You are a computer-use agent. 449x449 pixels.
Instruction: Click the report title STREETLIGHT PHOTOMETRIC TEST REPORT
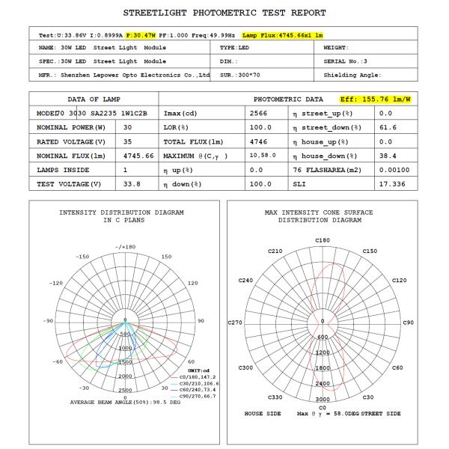224,13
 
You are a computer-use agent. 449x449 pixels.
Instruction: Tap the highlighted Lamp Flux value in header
282,35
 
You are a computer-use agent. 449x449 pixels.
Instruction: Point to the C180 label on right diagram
323,240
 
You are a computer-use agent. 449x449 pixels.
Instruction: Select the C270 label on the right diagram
235,323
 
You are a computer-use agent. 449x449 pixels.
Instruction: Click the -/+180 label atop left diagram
125,246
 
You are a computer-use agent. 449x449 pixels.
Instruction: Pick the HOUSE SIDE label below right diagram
263,413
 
